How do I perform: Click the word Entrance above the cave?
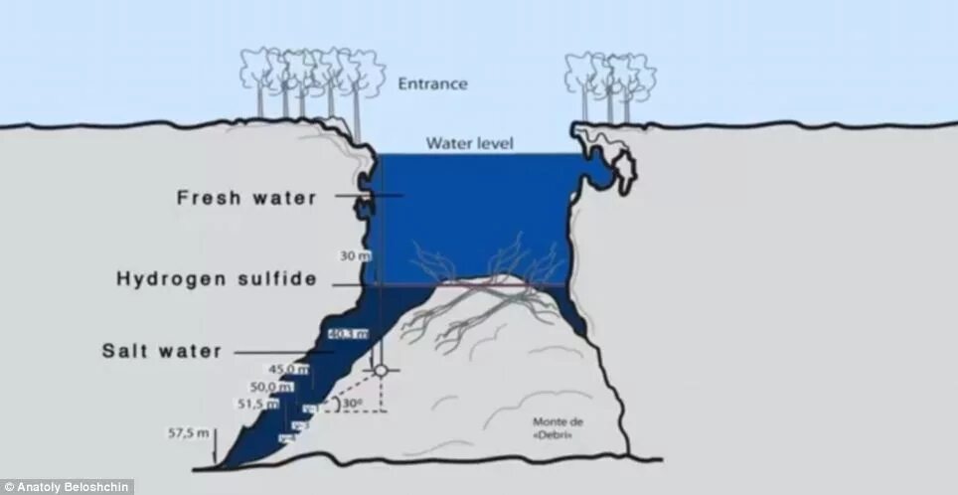[432, 83]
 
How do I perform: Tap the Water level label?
[470, 143]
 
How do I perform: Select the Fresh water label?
[246, 197]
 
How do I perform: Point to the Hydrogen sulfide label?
[217, 279]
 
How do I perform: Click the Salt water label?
[162, 350]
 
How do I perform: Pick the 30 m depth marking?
[353, 255]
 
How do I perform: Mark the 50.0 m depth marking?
[272, 387]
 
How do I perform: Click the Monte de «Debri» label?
[558, 427]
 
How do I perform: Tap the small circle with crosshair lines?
[381, 371]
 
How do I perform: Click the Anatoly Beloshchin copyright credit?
[67, 487]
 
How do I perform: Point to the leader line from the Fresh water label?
[368, 196]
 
